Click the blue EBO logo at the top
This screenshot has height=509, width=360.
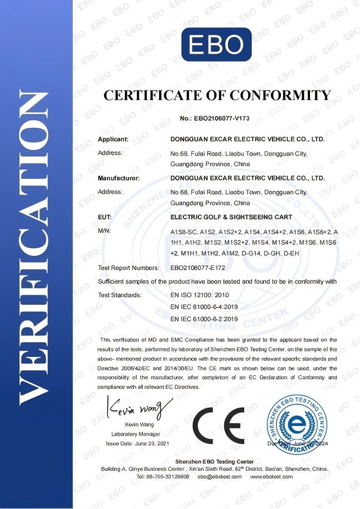(216, 45)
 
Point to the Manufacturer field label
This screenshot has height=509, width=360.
(118, 177)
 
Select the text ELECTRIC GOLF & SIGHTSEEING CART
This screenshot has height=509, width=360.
(231, 217)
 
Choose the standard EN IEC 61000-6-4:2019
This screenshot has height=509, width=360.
(204, 307)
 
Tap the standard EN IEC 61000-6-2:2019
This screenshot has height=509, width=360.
(204, 319)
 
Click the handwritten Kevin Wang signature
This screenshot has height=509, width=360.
(137, 410)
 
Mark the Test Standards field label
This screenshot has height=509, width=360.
(120, 295)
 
